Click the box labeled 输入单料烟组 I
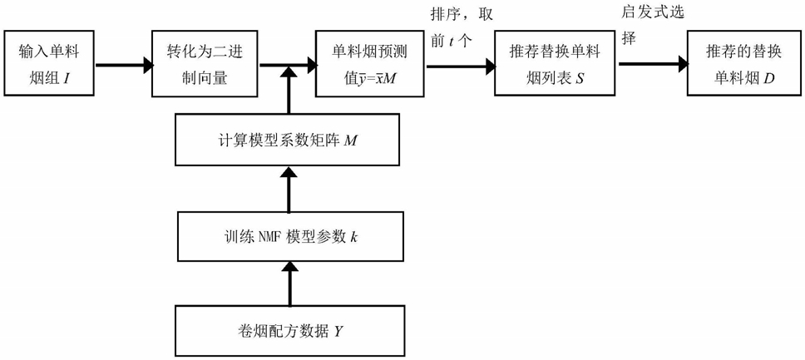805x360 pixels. [x=47, y=63]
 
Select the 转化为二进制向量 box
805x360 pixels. [x=204, y=63]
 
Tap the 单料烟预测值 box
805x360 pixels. [x=366, y=63]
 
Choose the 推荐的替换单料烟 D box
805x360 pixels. [x=737, y=63]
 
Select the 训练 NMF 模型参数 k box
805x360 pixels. [x=289, y=235]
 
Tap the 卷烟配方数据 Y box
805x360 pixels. [x=289, y=332]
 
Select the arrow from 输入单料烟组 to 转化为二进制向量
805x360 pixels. [x=121, y=63]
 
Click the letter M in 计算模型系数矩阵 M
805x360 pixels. [x=351, y=139]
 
